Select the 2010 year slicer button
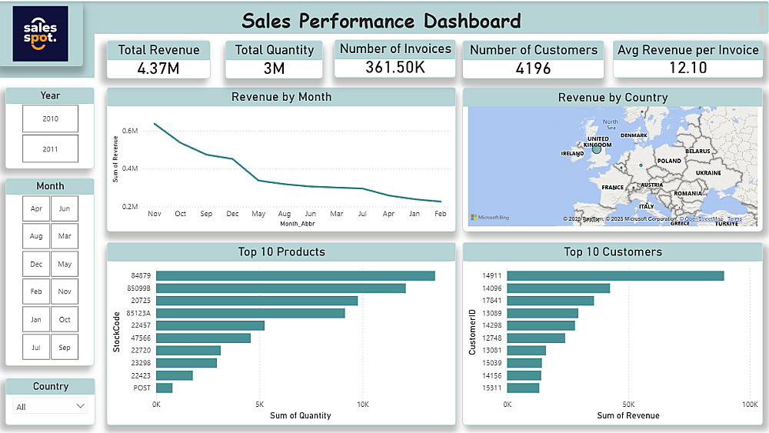click(x=50, y=119)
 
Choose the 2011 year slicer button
click(x=50, y=149)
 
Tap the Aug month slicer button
click(x=36, y=236)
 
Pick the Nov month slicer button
click(x=65, y=291)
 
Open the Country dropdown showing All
click(x=51, y=406)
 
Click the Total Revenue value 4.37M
click(x=158, y=68)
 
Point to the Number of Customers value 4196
click(x=533, y=68)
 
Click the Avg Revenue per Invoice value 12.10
click(x=687, y=68)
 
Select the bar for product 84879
click(x=295, y=275)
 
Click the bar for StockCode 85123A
click(x=251, y=313)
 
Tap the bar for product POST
click(x=164, y=388)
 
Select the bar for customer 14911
click(x=615, y=275)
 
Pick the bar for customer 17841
click(x=551, y=301)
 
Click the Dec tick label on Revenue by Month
click(x=232, y=214)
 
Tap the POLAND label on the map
click(x=669, y=161)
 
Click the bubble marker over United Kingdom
click(x=596, y=148)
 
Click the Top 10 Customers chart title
click(x=612, y=251)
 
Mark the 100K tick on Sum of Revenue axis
click(x=749, y=404)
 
